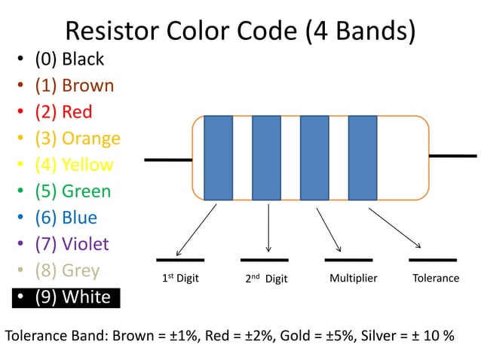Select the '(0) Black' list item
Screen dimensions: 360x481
coord(69,59)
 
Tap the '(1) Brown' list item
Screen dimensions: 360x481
coord(74,86)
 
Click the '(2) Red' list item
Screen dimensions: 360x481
coord(63,112)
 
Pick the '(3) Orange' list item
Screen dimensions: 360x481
coord(77,139)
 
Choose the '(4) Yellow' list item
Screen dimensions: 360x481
coord(74,165)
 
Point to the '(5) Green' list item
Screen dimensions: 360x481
coord(72,191)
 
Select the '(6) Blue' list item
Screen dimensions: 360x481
coord(66,218)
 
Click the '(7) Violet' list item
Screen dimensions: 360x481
coord(72,244)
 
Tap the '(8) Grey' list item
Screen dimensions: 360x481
coord(67,270)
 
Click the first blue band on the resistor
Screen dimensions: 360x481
coord(219,157)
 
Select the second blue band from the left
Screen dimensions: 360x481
coord(266,157)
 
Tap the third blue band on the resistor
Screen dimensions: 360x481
coord(314,157)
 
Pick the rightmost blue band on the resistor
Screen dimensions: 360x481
coord(363,157)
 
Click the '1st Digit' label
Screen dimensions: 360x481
coord(181,279)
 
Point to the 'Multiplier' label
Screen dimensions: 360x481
coord(353,279)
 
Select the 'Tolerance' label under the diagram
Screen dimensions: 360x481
coord(436,279)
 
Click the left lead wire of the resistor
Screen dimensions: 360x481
coord(168,160)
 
